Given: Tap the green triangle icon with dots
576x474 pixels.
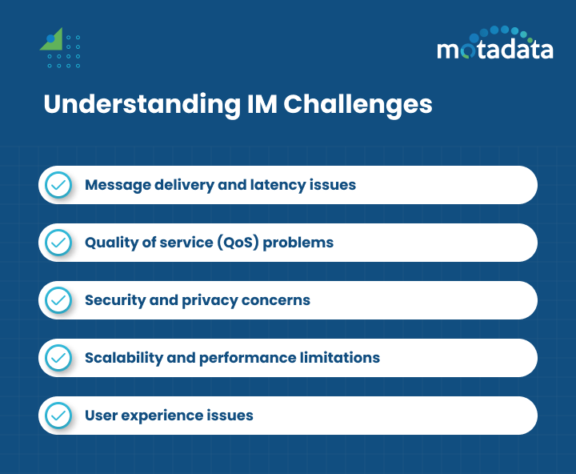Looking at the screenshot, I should point(60,49).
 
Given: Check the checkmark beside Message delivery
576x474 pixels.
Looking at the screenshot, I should point(58,185).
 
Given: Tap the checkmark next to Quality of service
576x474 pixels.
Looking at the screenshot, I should point(58,243).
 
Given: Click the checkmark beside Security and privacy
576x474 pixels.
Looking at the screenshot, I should point(58,300).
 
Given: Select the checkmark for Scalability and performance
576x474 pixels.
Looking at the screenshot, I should point(58,358).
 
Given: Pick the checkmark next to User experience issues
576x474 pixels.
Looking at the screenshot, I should point(58,416).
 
